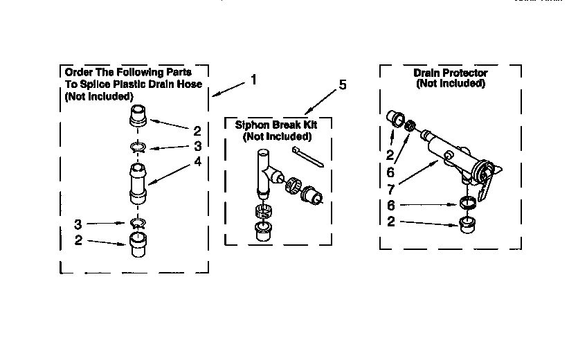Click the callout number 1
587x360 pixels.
pos(253,80)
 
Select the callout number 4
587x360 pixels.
pos(198,162)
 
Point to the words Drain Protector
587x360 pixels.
pos(450,73)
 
